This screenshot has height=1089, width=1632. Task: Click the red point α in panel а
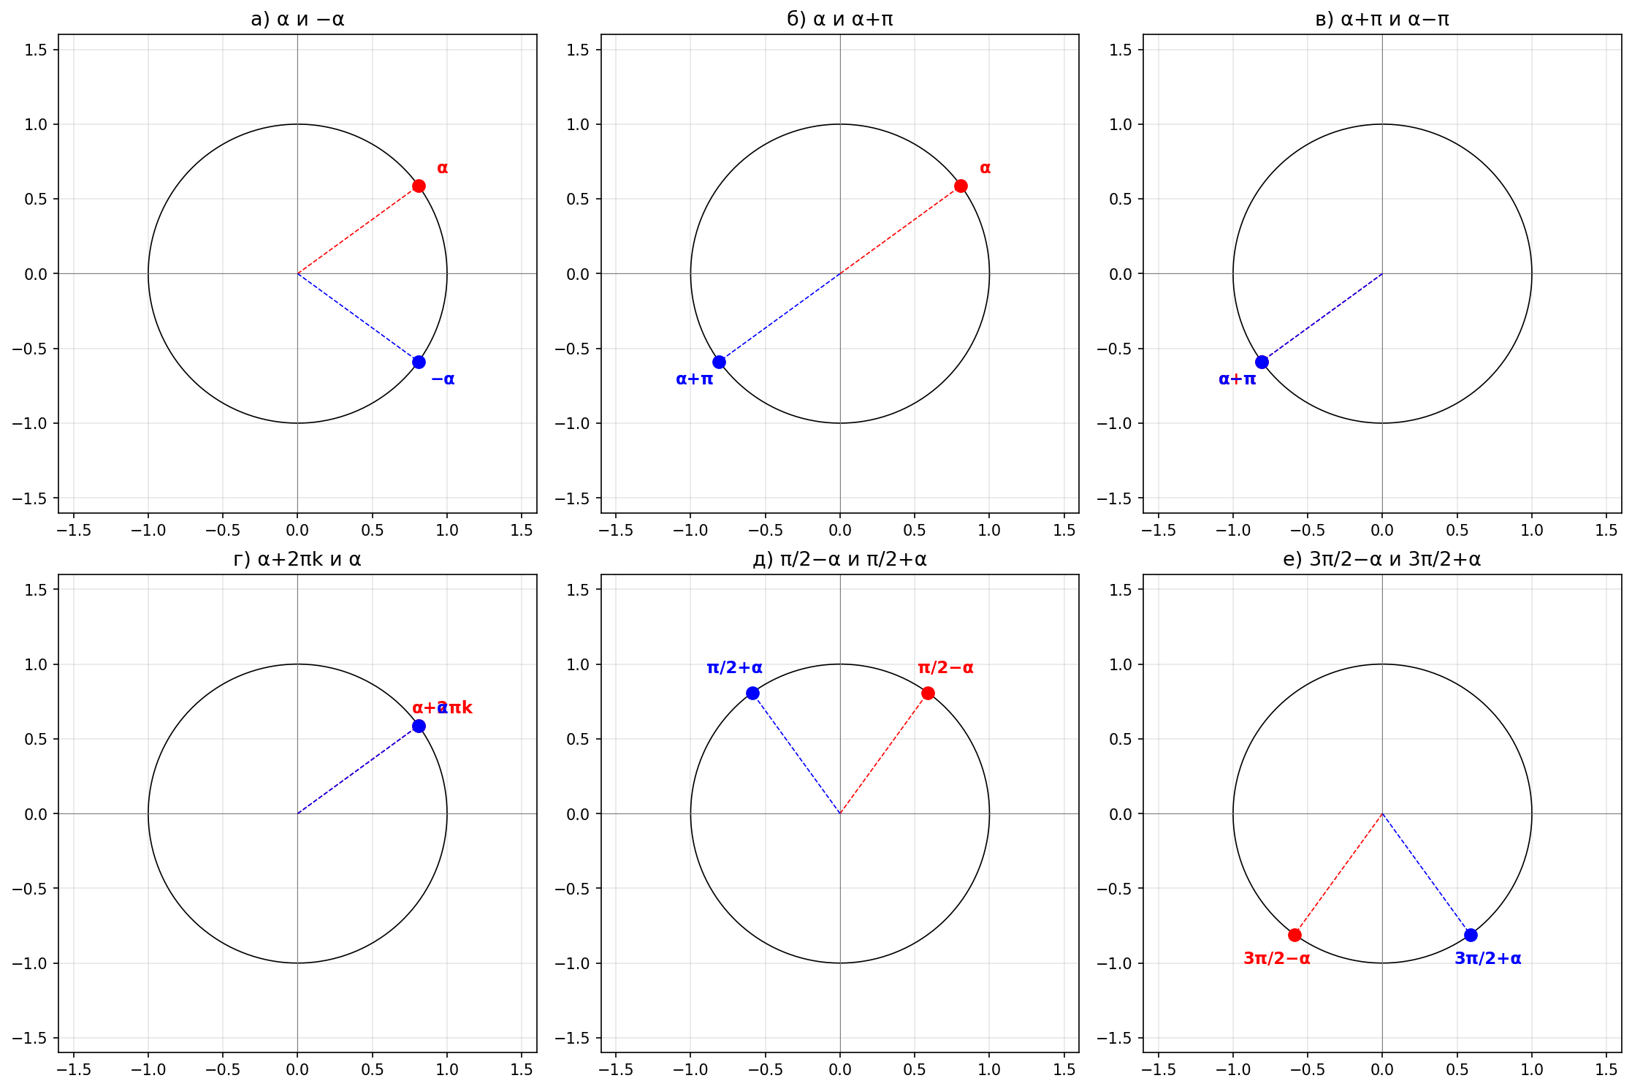(x=419, y=186)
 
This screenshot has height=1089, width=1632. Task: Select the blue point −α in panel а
(x=419, y=362)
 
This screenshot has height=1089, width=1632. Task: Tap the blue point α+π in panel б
(x=719, y=362)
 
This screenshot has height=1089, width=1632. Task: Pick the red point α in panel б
(x=961, y=186)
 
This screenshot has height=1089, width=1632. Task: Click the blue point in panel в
(x=1262, y=362)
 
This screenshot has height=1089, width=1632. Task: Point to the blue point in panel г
(x=419, y=726)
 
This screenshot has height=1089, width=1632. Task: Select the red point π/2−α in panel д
(x=928, y=693)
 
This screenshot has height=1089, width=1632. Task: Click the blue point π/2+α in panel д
(x=752, y=693)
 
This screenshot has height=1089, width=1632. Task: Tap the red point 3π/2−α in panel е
(x=1294, y=935)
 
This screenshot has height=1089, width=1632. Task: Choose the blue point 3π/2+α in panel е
(x=1471, y=935)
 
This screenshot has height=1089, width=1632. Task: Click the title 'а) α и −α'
(x=297, y=19)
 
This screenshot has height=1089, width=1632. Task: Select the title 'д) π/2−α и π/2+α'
(x=840, y=559)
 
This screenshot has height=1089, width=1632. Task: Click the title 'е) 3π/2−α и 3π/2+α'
(x=1382, y=559)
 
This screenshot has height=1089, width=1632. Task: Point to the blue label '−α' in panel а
(x=443, y=379)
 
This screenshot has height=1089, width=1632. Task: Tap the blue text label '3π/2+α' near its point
(x=1488, y=958)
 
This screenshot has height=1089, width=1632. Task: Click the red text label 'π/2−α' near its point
(x=945, y=667)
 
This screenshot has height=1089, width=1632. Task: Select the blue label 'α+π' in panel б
(x=694, y=379)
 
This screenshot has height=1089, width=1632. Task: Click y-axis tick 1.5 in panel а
(x=35, y=50)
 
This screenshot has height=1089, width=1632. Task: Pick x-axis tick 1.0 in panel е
(x=1532, y=1070)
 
